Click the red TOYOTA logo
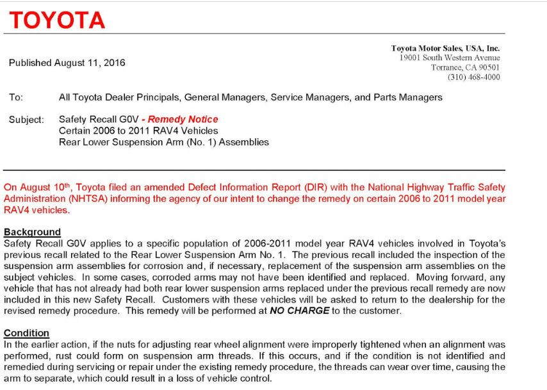tap(57, 20)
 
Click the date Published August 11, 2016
tap(67, 63)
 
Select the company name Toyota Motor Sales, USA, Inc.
tap(445, 48)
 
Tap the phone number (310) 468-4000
tap(473, 77)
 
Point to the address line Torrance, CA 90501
tap(465, 67)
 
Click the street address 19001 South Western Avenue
tap(449, 58)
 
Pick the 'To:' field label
tap(16, 97)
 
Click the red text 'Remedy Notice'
tap(183, 119)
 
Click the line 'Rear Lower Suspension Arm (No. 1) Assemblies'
tap(163, 142)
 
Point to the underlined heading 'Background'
tap(32, 232)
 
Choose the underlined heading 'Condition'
tap(26, 333)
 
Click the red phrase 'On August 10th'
tap(38, 188)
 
